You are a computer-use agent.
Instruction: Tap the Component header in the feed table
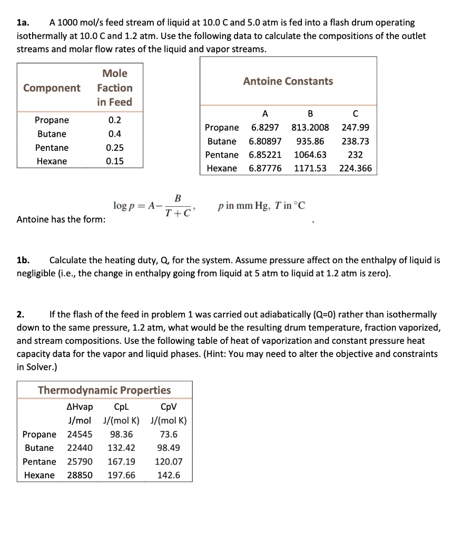click(52, 88)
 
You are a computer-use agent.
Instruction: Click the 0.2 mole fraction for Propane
click(114, 120)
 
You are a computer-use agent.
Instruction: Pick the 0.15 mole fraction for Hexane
click(114, 161)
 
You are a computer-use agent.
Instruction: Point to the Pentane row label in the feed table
click(52, 148)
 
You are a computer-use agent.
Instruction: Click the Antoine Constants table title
click(288, 81)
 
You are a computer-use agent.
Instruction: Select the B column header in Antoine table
click(310, 113)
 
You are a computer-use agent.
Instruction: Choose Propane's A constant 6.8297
click(265, 128)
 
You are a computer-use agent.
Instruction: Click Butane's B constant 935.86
click(310, 141)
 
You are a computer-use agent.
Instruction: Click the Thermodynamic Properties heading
click(104, 390)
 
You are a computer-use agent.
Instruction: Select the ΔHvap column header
click(80, 407)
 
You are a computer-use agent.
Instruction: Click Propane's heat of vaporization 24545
click(80, 435)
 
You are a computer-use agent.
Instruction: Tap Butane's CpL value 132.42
click(121, 448)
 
